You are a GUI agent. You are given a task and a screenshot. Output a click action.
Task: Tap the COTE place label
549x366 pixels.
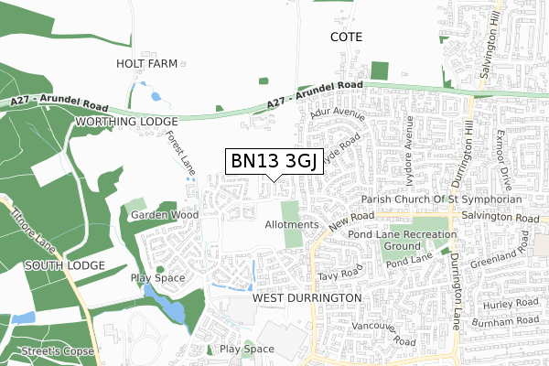click(x=346, y=38)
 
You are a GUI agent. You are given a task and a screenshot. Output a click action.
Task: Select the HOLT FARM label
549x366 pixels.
click(x=145, y=64)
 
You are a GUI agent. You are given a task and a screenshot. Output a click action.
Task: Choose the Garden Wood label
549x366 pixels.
click(x=164, y=215)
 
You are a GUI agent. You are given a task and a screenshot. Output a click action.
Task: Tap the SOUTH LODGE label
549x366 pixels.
click(x=52, y=265)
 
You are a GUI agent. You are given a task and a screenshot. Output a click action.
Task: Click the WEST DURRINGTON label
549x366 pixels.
click(x=307, y=299)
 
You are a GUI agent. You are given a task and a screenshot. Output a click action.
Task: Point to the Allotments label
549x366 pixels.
click(x=291, y=224)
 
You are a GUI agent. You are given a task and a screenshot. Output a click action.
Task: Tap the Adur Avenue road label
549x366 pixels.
click(x=337, y=117)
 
